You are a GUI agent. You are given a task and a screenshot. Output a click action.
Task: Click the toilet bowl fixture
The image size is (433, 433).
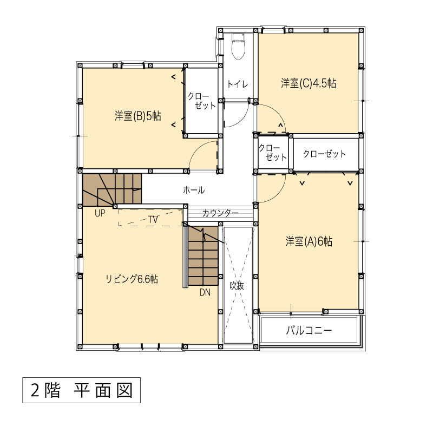point(238,47)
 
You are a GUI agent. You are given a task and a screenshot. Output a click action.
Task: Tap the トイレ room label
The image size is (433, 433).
point(238,84)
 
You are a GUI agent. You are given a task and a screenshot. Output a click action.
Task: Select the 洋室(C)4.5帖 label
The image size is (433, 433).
point(309,83)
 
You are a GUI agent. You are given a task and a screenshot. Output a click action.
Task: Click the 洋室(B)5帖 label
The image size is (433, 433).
point(138,116)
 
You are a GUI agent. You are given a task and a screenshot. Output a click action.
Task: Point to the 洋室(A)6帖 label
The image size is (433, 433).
point(309,241)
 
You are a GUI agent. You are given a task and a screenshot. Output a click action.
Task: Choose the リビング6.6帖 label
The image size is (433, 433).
point(132,279)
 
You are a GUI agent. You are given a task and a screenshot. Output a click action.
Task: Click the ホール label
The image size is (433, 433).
point(194,190)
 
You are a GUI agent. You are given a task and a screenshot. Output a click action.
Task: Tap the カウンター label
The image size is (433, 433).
point(220,213)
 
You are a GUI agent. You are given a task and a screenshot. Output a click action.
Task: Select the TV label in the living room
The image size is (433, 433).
point(153,220)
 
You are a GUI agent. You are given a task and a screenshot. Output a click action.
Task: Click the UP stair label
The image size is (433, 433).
point(100,213)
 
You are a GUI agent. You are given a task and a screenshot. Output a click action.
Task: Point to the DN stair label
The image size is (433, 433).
point(205,292)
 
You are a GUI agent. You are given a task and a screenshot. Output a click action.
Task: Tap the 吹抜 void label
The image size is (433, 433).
point(237,286)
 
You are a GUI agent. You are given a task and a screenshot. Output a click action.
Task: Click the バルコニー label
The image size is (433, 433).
point(309,330)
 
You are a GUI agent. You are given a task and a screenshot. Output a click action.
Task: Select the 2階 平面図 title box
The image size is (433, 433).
point(82,390)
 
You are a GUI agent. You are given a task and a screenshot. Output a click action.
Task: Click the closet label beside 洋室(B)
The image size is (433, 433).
point(201,101)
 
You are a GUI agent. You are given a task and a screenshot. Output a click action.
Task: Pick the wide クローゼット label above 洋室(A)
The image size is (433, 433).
point(324,154)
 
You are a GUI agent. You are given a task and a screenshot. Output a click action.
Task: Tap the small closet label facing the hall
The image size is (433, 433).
point(273,153)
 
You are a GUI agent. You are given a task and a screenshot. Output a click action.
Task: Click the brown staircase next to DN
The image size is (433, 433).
point(204,256)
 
